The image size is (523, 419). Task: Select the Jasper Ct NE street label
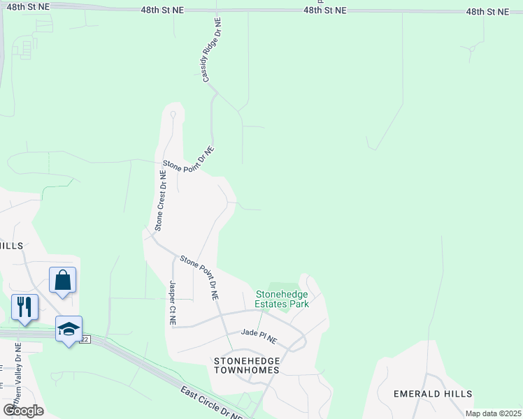[x=172, y=303]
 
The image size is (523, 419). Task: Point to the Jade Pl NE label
[x=259, y=337]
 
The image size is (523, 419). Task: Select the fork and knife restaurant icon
[x=24, y=307]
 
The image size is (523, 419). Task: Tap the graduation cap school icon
[x=69, y=328]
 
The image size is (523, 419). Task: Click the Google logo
[x=23, y=410]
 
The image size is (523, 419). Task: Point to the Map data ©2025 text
[x=492, y=413]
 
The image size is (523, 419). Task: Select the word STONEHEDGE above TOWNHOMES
[x=247, y=360]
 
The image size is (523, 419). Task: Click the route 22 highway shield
[x=85, y=339]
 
